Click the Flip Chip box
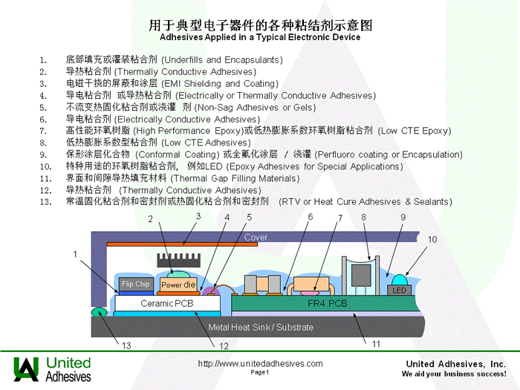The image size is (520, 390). pos(136,284)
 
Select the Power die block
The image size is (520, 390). pos(178,285)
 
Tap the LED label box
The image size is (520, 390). pos(400,290)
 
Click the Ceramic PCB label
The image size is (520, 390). pos(167,303)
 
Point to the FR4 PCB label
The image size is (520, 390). pos(327,303)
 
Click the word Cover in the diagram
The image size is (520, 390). pos(256,237)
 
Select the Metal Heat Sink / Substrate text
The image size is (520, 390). pos(261,328)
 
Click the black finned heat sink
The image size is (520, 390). pos(179,261)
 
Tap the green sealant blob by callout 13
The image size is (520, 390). pos(99,312)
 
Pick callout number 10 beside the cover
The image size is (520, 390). pos(432,239)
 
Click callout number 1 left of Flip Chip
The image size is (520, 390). pos(75,254)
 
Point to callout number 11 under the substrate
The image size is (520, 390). pos(376,344)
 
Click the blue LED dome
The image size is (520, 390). pos(400,280)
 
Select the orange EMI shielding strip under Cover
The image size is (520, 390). pos(182,244)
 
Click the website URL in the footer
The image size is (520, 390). pos(260,364)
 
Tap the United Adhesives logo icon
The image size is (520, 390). pos(26,368)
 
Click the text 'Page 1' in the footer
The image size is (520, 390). pos(260,372)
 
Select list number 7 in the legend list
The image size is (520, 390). pos(43,131)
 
